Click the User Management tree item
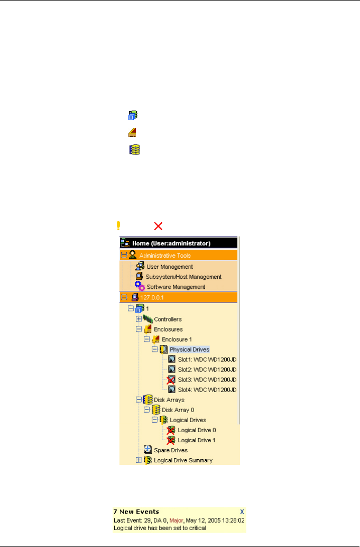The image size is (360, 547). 169,267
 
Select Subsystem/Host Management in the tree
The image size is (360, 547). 183,277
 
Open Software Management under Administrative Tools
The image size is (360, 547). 176,287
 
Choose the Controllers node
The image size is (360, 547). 168,319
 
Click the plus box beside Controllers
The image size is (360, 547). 139,319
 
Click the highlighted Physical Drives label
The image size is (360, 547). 189,350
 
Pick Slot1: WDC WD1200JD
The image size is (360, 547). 207,360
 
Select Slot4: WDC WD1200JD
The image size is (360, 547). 207,390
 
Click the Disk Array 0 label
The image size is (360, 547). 178,410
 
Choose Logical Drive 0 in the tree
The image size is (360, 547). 197,430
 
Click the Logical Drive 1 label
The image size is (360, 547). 197,440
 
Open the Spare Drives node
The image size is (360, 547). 170,450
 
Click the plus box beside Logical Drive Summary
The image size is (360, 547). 139,460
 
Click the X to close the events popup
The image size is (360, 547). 242,512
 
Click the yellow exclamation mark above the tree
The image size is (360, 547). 118,226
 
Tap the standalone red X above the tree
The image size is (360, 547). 158,226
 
